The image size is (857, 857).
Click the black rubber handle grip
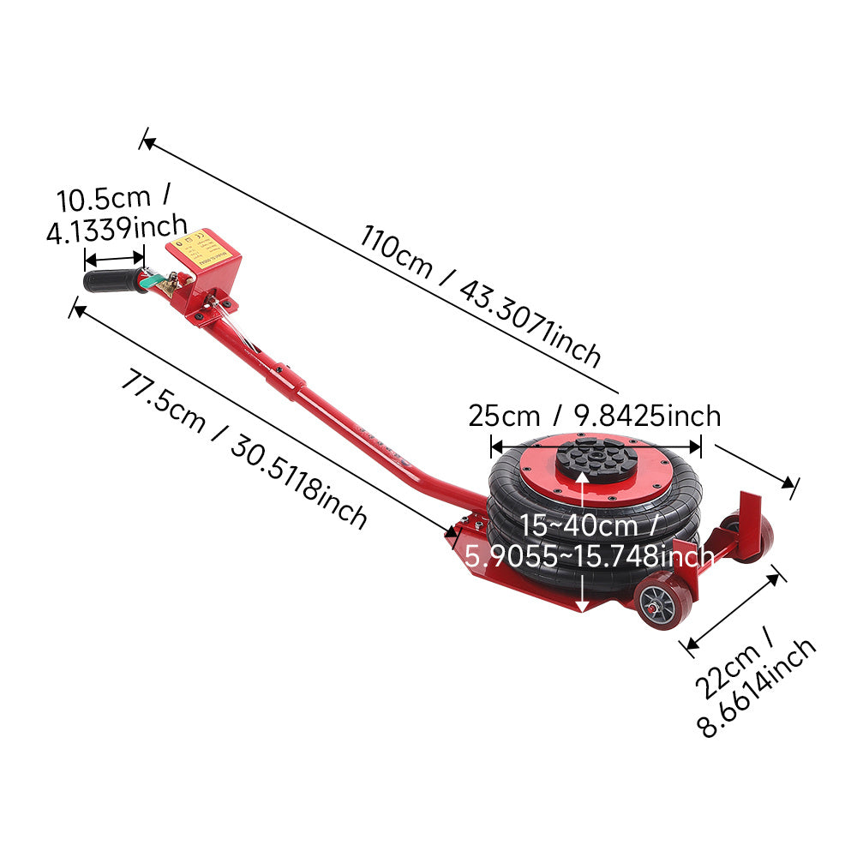tap(114, 281)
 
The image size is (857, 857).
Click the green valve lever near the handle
tap(150, 281)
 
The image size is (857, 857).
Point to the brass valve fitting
tap(173, 283)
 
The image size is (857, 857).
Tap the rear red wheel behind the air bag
tap(749, 539)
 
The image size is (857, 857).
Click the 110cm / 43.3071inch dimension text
tap(479, 295)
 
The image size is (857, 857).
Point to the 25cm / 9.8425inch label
tap(595, 417)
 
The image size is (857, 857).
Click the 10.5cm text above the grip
tap(104, 199)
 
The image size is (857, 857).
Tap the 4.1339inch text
tap(117, 230)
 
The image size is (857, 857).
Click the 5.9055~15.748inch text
tap(590, 556)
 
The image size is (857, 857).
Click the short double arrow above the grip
tap(114, 259)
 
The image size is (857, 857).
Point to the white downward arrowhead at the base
tap(583, 606)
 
